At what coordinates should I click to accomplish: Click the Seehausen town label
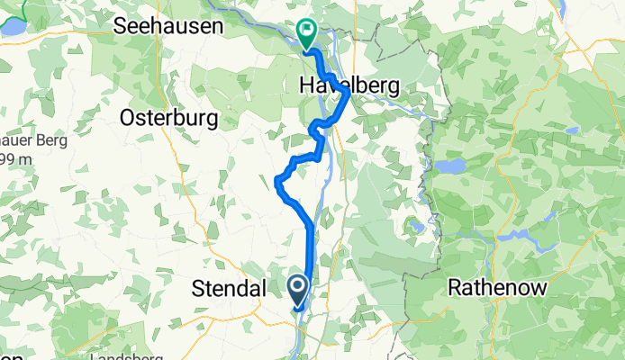(168, 27)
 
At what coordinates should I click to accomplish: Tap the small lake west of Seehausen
(13, 28)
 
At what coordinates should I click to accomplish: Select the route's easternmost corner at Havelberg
(348, 94)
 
